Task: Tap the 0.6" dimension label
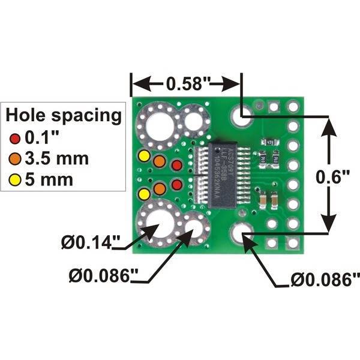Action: pos(331,178)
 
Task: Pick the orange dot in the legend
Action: pos(15,159)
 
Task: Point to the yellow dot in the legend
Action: pos(15,179)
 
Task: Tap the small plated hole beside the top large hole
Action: pos(193,122)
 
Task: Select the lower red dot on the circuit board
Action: pos(176,184)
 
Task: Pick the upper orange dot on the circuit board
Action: pos(159,161)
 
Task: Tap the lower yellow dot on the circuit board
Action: pos(144,194)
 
